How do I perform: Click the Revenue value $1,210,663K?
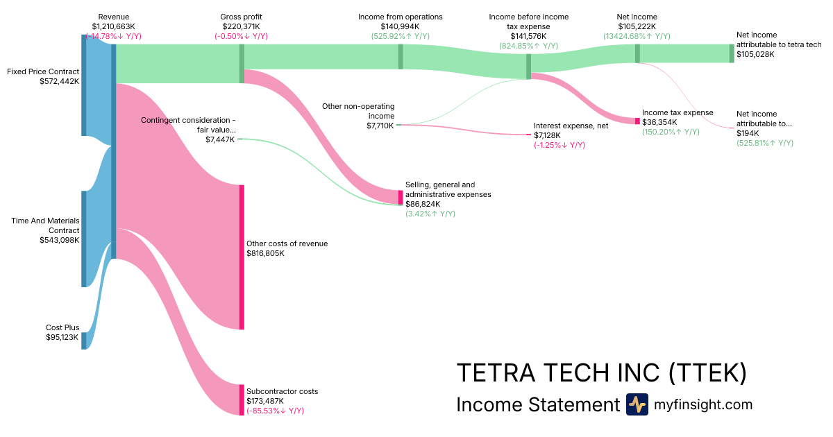(113, 26)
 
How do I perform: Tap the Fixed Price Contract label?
(42, 71)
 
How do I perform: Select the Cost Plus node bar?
(83, 341)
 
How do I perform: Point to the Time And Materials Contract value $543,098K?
(60, 240)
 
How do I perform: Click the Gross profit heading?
(241, 17)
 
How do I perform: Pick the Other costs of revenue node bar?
(242, 257)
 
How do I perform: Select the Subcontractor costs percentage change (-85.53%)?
(275, 411)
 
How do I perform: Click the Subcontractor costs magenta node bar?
(242, 400)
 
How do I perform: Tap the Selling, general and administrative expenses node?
(400, 197)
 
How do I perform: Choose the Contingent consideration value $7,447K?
(220, 139)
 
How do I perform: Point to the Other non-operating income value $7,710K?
(380, 126)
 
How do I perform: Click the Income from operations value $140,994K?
(400, 26)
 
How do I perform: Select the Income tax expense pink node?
(637, 121)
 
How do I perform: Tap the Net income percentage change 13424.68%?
(637, 36)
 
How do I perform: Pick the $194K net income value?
(747, 133)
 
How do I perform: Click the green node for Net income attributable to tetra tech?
(731, 53)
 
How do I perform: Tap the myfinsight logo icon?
(637, 404)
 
